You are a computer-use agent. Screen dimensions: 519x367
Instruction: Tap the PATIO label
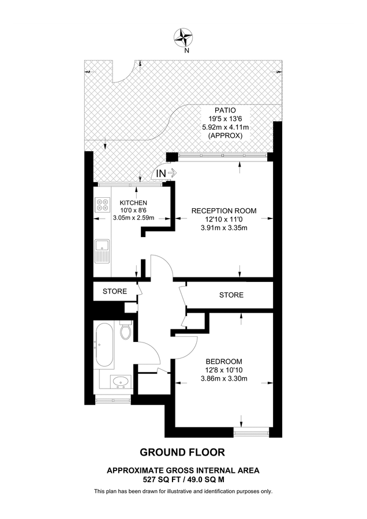point(225,110)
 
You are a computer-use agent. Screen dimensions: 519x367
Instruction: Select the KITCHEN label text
point(133,202)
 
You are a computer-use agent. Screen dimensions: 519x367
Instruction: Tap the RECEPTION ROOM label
point(224,210)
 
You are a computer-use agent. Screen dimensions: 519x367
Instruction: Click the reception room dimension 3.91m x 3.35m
point(224,228)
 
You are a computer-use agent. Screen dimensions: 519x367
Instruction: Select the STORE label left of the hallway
point(115,291)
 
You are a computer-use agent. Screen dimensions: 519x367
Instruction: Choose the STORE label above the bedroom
point(231,295)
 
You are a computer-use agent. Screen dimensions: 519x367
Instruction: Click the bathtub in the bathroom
point(105,345)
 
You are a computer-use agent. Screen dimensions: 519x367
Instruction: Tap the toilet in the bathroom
point(125,332)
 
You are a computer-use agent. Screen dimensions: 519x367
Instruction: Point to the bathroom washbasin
point(121,381)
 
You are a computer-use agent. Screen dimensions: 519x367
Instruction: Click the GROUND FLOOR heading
point(182,452)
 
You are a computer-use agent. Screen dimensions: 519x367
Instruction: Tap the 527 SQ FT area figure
point(162,479)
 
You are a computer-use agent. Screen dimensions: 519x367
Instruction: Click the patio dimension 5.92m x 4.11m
point(225,127)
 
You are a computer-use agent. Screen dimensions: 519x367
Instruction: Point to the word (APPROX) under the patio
point(225,136)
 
